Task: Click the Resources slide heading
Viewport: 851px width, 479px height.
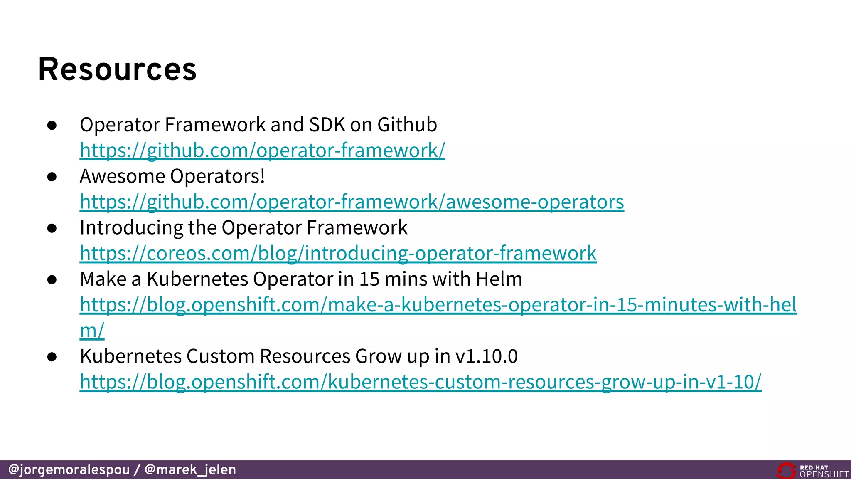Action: pos(117,69)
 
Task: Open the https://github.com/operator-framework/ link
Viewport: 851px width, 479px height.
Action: pos(262,151)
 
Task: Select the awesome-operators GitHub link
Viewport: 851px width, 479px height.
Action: pos(352,202)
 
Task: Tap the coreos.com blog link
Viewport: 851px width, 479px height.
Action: pos(338,253)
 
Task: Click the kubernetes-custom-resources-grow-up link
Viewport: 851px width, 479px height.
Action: pos(420,382)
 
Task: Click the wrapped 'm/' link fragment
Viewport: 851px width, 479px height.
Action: pos(92,331)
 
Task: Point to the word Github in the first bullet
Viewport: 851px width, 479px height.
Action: pos(407,125)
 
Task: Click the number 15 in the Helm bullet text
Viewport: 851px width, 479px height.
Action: pos(369,279)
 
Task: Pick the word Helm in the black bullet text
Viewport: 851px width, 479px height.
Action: pos(499,279)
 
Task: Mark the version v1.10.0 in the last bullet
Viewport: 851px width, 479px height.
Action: pos(486,356)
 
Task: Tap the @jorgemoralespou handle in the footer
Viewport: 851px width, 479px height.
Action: pos(69,470)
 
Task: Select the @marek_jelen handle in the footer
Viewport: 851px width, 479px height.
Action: pos(190,470)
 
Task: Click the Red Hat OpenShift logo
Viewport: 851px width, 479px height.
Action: pos(812,471)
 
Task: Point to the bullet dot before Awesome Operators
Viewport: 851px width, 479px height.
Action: pos(52,177)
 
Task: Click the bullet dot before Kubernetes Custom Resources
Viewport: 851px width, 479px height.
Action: pos(52,357)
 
